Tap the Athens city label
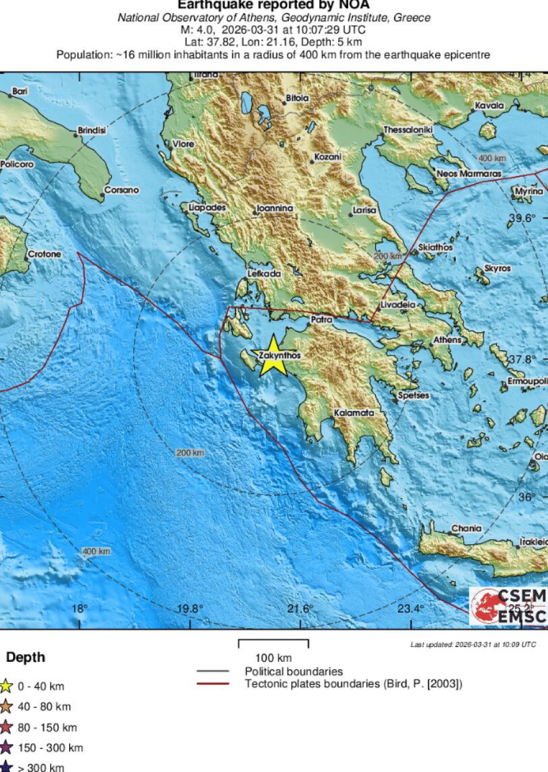[x=447, y=340]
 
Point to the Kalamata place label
[x=354, y=412]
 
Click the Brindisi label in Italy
[x=92, y=131]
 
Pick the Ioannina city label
[x=275, y=209]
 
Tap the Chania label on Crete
[x=466, y=528]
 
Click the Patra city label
[x=321, y=320]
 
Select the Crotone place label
[x=45, y=254]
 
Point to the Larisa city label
[x=364, y=210]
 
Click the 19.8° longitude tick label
[x=189, y=608]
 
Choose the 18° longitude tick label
[x=79, y=608]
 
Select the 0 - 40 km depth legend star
[x=6, y=686]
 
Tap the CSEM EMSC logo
[x=508, y=605]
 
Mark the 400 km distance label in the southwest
[x=96, y=551]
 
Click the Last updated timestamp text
[x=473, y=644]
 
